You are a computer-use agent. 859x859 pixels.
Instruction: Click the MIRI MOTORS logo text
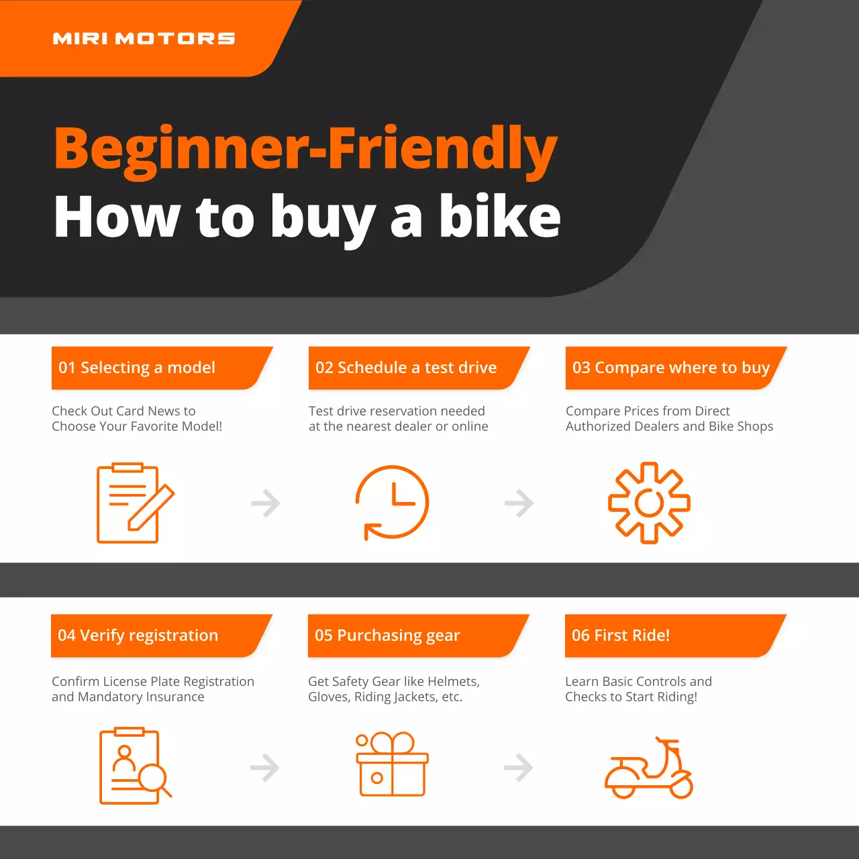144,38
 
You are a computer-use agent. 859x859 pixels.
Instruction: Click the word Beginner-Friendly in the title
305,148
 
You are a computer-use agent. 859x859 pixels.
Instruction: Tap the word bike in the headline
499,217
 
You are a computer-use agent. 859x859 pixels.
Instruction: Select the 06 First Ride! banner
668,636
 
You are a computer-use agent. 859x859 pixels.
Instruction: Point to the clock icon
392,502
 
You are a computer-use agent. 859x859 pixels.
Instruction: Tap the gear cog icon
649,503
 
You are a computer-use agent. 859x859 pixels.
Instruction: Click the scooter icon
649,768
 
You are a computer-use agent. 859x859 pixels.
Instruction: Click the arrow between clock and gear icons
519,503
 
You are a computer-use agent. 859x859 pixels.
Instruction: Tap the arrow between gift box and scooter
518,768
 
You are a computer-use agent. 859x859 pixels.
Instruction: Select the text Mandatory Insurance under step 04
141,697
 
